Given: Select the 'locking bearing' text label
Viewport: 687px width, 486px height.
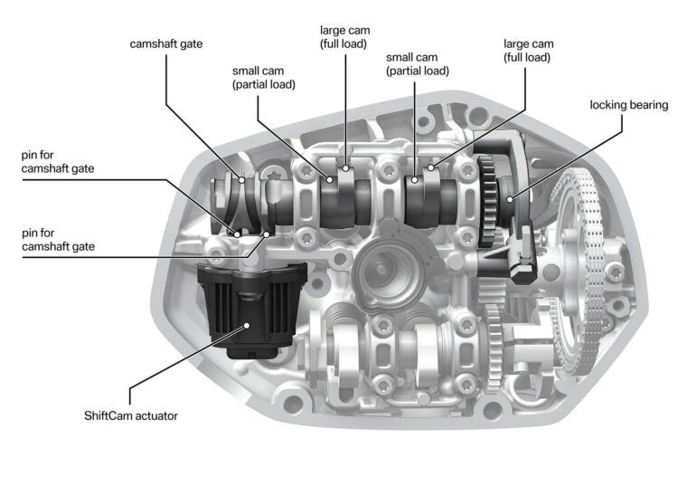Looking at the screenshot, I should coord(628,105).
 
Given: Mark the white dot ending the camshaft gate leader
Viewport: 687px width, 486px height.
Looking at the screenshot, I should coord(241,178).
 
